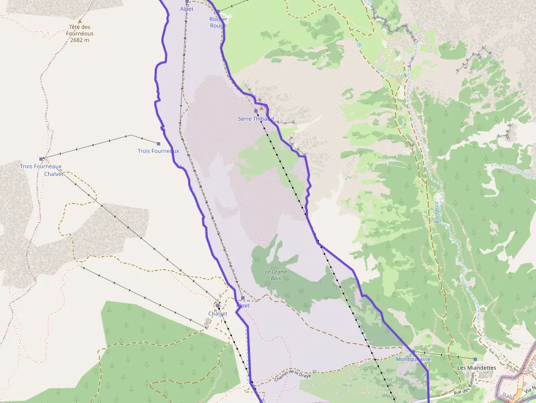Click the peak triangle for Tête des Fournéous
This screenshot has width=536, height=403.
(80, 21)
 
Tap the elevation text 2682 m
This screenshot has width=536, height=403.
(80, 40)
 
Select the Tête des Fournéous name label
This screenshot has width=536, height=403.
(80, 30)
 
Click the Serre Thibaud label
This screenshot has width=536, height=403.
(255, 119)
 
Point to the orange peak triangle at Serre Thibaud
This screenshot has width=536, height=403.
(261, 108)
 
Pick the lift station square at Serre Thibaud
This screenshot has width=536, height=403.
(255, 111)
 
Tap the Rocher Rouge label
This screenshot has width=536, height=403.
(218, 22)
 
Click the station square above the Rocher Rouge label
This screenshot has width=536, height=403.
(218, 11)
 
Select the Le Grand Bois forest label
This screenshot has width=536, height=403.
(276, 275)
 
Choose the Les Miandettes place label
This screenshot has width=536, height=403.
(476, 368)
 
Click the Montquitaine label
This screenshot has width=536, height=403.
(413, 359)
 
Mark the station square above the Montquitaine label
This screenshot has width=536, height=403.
(413, 352)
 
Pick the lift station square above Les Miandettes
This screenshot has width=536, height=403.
(475, 359)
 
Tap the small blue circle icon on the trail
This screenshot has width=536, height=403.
(359, 45)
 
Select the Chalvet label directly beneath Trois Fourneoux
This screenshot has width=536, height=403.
(54, 174)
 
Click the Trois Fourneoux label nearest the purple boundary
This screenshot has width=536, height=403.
(158, 151)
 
